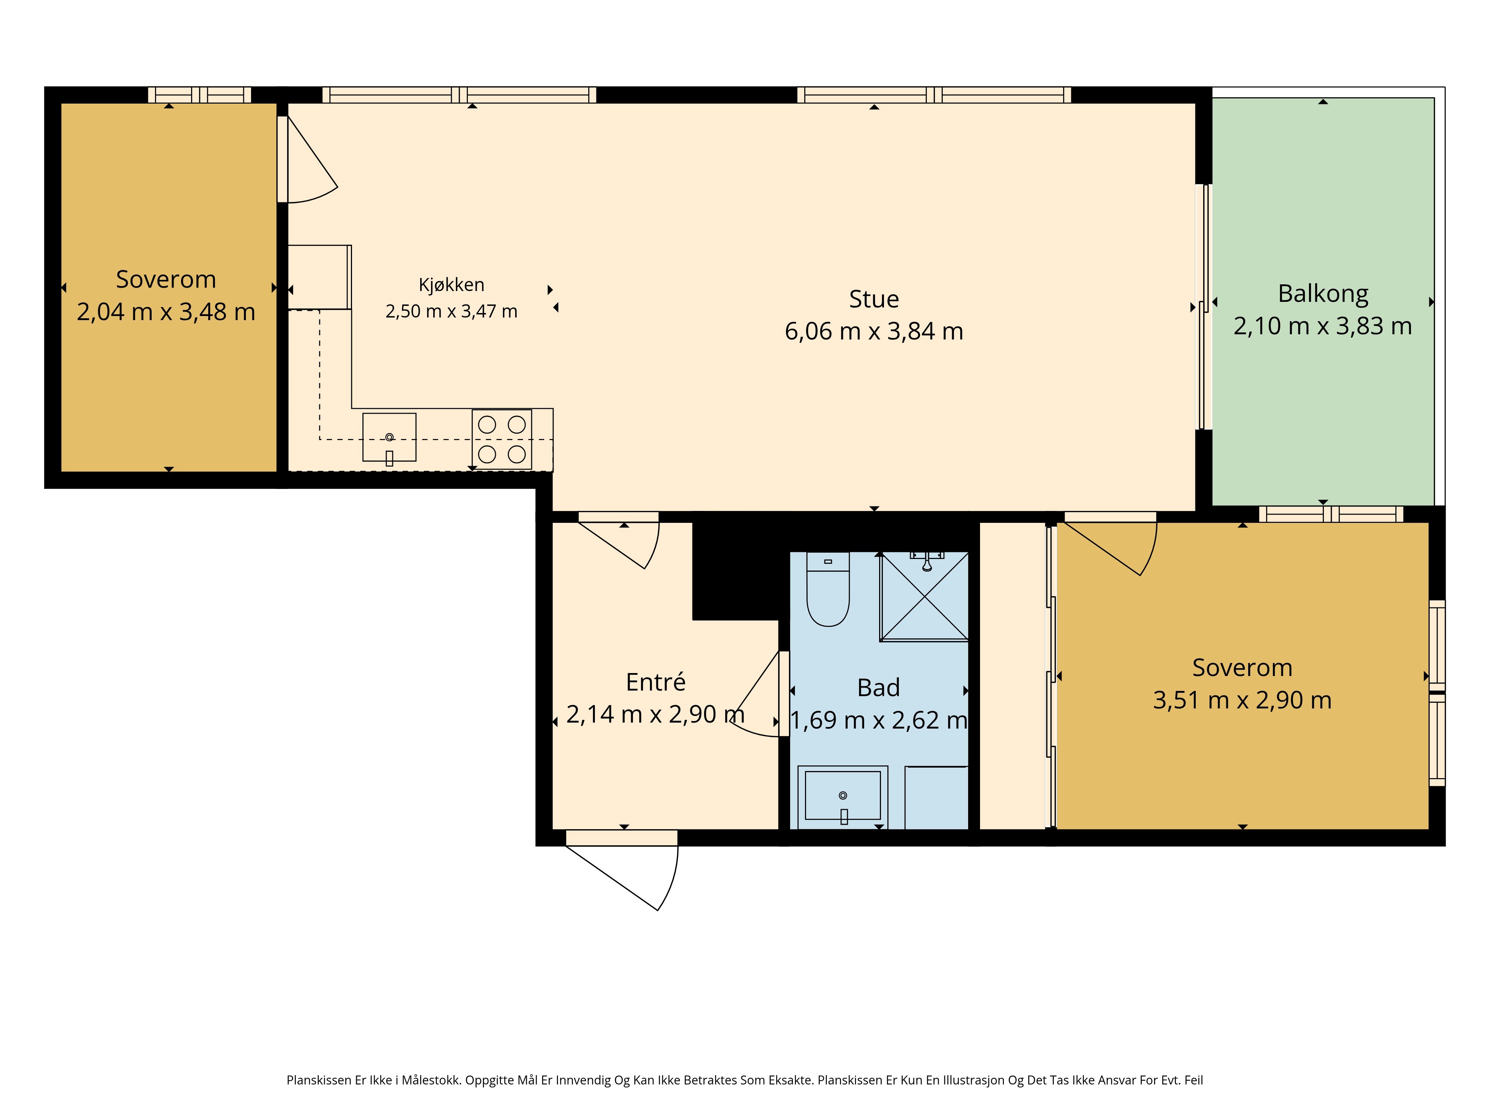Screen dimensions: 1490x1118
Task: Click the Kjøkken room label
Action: pyautogui.click(x=451, y=285)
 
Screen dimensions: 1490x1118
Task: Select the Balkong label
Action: pyautogui.click(x=1323, y=294)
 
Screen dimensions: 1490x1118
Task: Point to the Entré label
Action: pyautogui.click(x=655, y=682)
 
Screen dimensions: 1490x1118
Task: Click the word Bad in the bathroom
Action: pyautogui.click(x=878, y=687)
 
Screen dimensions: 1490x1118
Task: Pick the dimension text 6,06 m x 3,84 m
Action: pyautogui.click(x=874, y=331)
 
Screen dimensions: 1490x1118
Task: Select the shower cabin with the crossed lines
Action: pyautogui.click(x=924, y=596)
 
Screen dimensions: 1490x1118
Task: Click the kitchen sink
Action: pyautogui.click(x=389, y=438)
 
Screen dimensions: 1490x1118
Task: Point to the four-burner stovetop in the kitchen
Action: pyautogui.click(x=502, y=439)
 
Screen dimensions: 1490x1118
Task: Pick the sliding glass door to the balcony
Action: pyautogui.click(x=1204, y=307)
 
